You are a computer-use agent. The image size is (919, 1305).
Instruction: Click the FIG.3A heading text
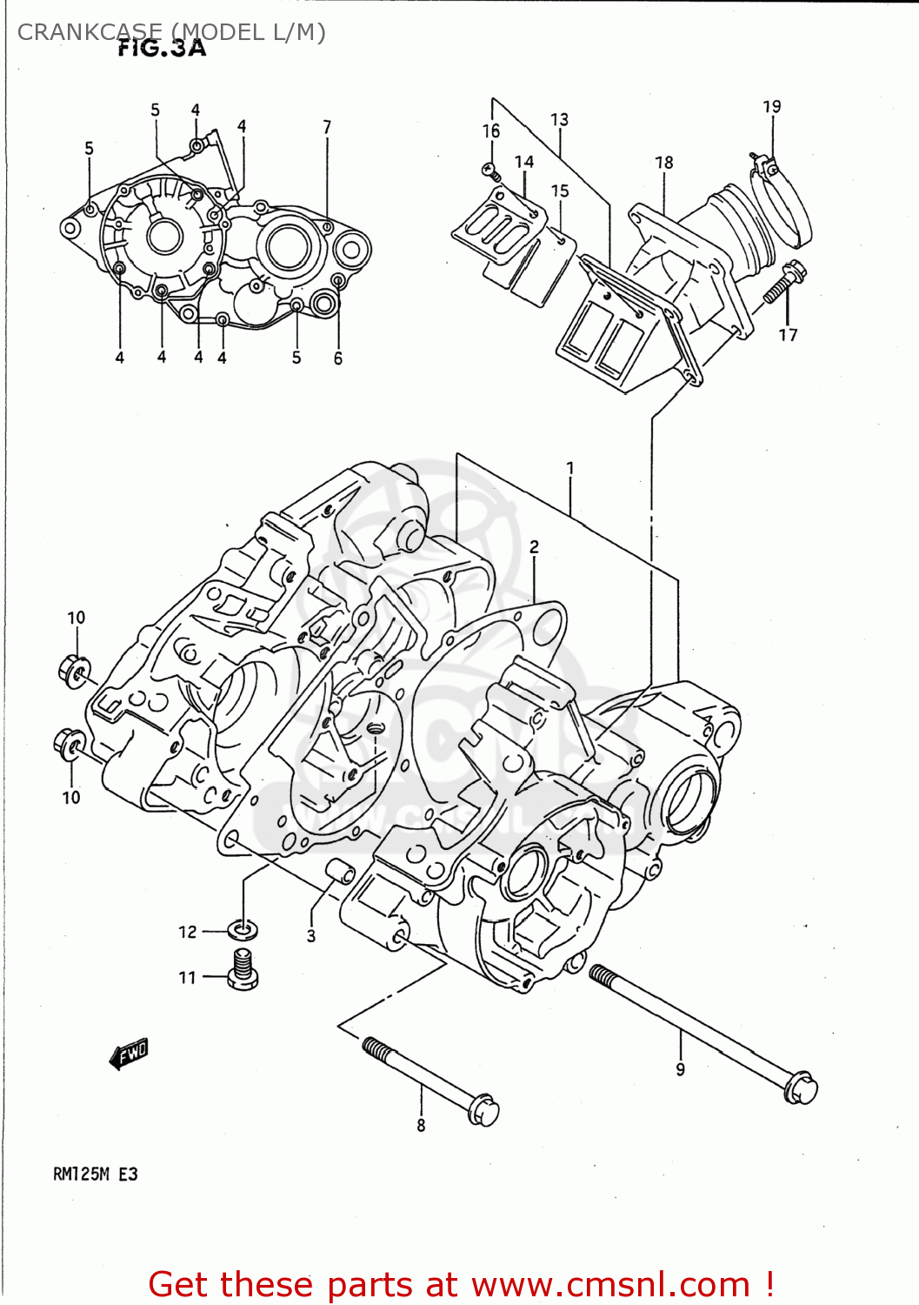click(162, 49)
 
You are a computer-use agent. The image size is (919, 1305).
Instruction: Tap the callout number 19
click(772, 107)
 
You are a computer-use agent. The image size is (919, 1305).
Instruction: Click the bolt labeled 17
click(783, 284)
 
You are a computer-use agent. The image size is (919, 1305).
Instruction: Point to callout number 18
click(664, 163)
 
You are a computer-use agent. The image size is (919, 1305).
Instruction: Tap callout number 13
click(559, 119)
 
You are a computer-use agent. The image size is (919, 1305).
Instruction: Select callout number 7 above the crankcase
click(327, 127)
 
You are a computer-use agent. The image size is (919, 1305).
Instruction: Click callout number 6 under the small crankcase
click(338, 358)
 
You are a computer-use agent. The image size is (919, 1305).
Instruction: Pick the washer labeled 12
click(243, 931)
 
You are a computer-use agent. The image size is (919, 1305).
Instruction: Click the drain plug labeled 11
click(243, 970)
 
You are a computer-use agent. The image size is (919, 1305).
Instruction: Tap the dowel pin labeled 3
click(339, 871)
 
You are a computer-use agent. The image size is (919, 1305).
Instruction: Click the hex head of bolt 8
click(483, 1110)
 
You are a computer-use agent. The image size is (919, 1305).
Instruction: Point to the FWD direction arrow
click(130, 1054)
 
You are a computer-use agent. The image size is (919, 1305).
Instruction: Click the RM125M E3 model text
click(96, 1174)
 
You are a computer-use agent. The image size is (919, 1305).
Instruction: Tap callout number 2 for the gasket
click(534, 546)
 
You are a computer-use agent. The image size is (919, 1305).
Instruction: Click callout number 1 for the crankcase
click(570, 468)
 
